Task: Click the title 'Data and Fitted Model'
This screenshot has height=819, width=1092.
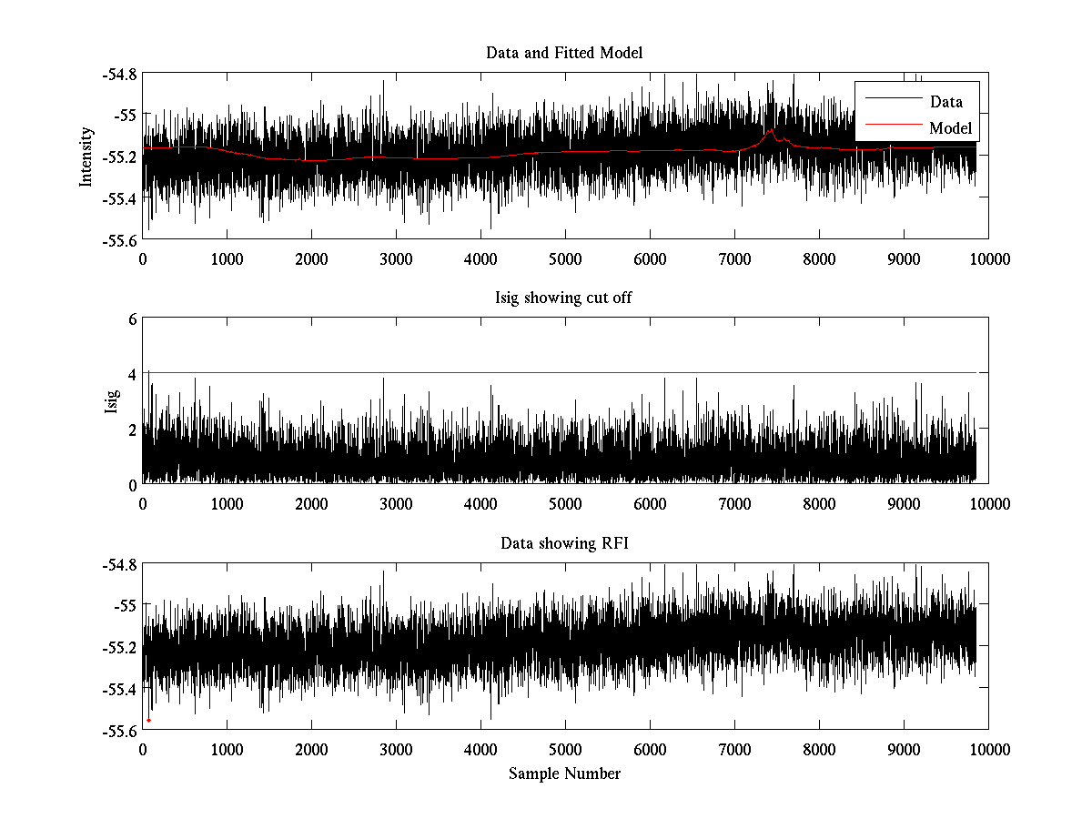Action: click(x=564, y=53)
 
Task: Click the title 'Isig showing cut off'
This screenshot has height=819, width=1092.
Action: click(x=564, y=298)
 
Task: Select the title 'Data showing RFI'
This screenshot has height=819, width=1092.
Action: click(x=564, y=543)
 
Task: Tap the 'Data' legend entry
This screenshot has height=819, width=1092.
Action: click(x=945, y=102)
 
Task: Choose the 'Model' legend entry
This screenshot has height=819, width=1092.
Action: click(x=950, y=127)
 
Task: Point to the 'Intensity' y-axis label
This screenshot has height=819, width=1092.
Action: click(x=86, y=156)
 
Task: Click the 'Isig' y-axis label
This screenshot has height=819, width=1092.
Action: click(x=111, y=401)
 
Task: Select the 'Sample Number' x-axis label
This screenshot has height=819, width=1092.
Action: click(x=564, y=773)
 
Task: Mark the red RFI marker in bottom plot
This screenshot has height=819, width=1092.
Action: click(x=148, y=720)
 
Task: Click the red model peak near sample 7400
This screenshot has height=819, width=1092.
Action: click(x=771, y=131)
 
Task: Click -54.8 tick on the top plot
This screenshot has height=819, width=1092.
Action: click(x=119, y=74)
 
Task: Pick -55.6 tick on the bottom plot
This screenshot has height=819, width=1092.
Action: click(x=119, y=730)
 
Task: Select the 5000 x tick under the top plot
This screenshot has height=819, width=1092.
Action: click(x=565, y=258)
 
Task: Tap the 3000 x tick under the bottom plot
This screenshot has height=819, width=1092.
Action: click(x=396, y=749)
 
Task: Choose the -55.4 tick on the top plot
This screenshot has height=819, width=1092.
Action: click(x=119, y=197)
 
